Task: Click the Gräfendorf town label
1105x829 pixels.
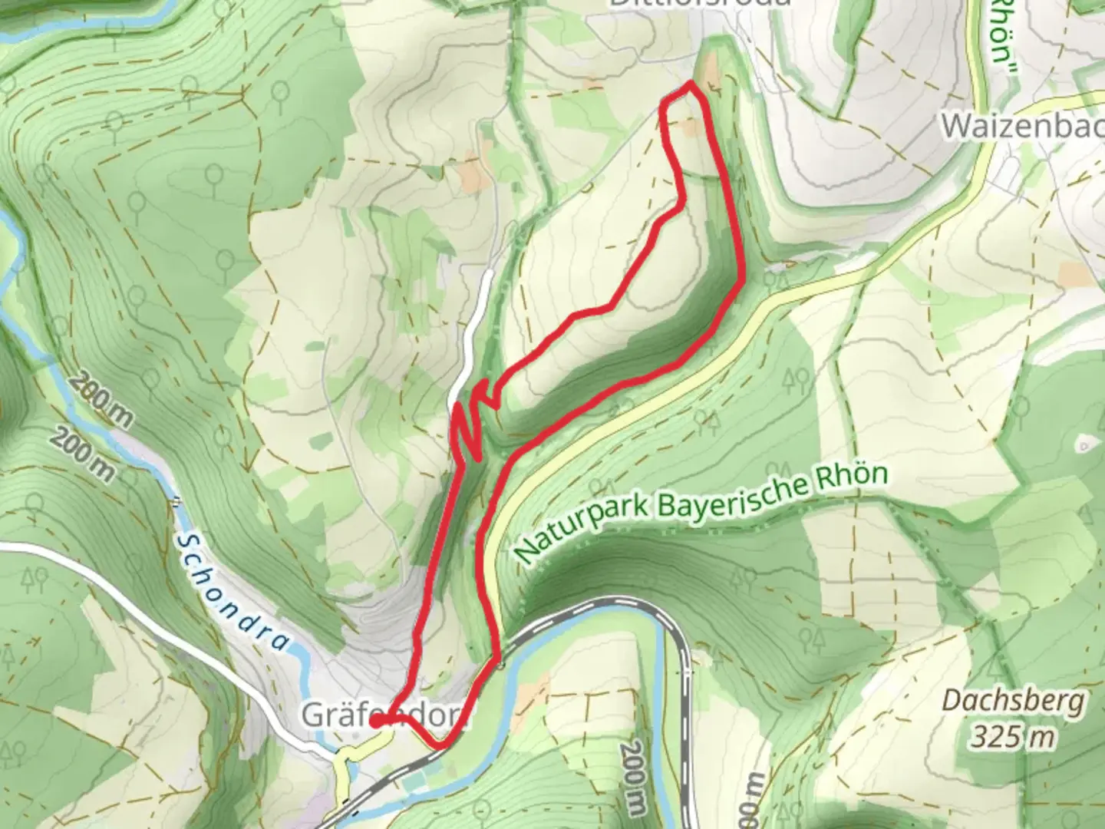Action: tap(384, 715)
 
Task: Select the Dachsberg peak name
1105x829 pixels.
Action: tap(1013, 701)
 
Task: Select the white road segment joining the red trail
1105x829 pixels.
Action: tap(476, 330)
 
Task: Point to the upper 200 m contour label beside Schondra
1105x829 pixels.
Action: tap(104, 402)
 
